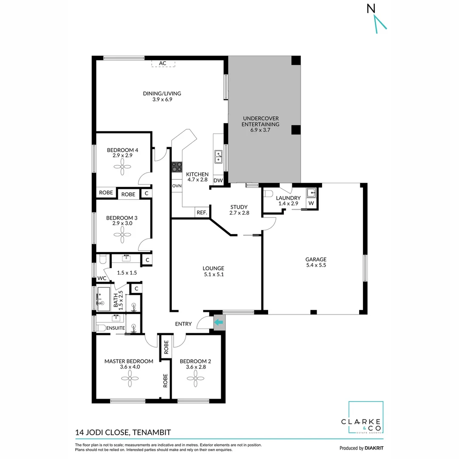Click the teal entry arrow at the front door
(x=218, y=323)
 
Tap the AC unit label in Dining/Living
(x=162, y=63)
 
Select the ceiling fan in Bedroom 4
(x=122, y=169)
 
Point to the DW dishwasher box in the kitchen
(x=218, y=181)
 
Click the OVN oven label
(x=177, y=186)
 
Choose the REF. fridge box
(x=201, y=213)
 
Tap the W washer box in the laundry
(x=311, y=204)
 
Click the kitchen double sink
(x=218, y=157)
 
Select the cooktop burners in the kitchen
(x=176, y=167)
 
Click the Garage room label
(x=316, y=259)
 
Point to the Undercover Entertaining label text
(x=261, y=121)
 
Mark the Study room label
(x=238, y=207)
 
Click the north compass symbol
(x=377, y=19)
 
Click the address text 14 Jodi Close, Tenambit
(x=123, y=433)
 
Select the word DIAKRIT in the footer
(x=374, y=448)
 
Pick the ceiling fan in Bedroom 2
(x=195, y=378)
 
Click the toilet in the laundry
(x=268, y=194)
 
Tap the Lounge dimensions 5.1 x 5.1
(x=213, y=275)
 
